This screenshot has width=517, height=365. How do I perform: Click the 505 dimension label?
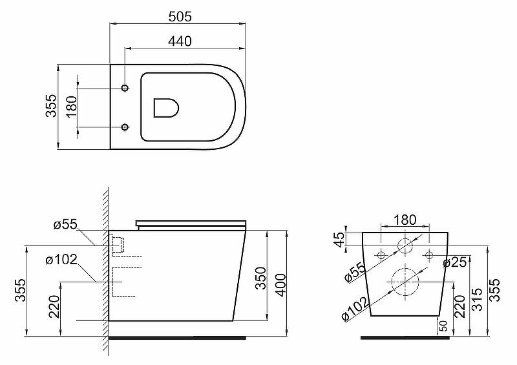(180, 17)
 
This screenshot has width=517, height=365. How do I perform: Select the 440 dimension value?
(180, 41)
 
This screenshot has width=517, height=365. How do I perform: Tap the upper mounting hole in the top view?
(125, 88)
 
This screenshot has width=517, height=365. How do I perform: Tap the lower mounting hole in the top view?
(125, 127)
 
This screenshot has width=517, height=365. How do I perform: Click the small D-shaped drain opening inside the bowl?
(166, 107)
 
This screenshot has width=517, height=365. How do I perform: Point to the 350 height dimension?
(261, 278)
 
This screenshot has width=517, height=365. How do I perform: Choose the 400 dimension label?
(281, 284)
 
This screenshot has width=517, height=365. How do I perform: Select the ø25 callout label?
(455, 262)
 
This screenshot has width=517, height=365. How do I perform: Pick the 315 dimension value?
(478, 299)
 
